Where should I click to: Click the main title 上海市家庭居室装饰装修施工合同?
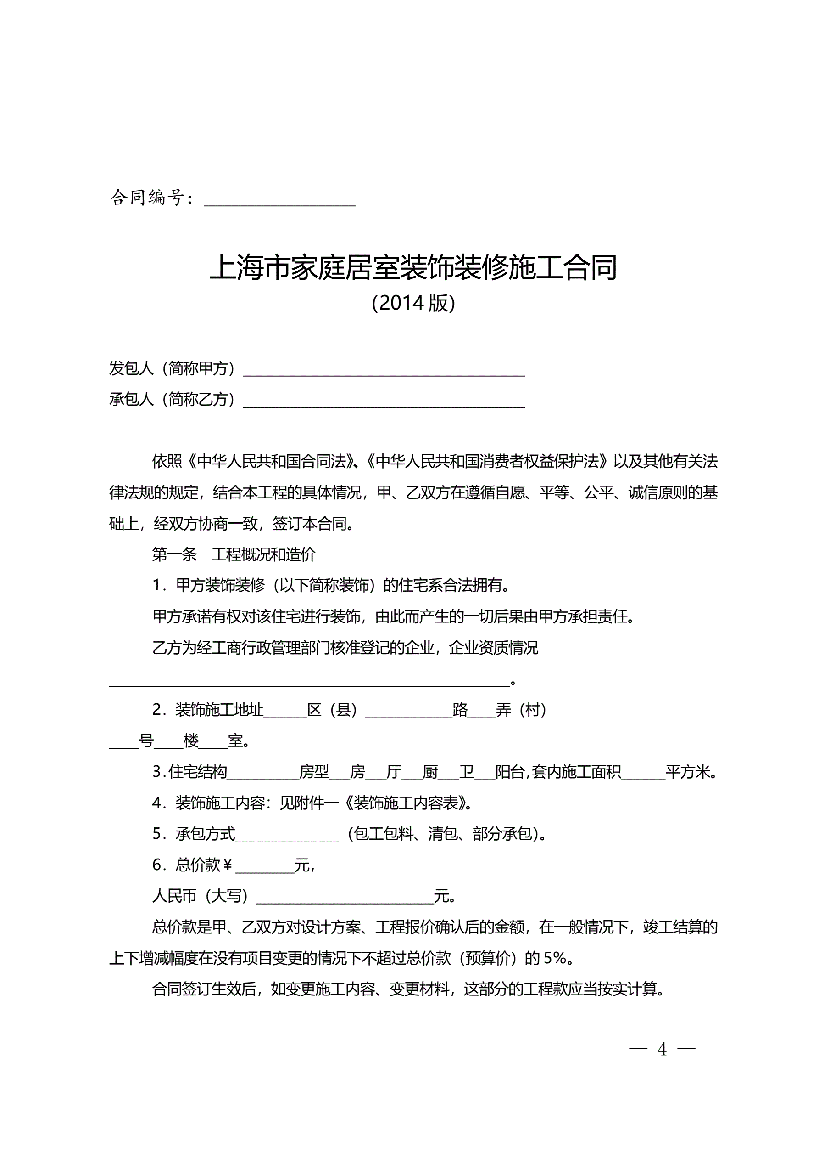(x=413, y=267)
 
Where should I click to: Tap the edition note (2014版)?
(x=413, y=303)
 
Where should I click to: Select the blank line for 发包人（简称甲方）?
(x=384, y=370)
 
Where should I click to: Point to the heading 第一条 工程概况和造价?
(x=234, y=555)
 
